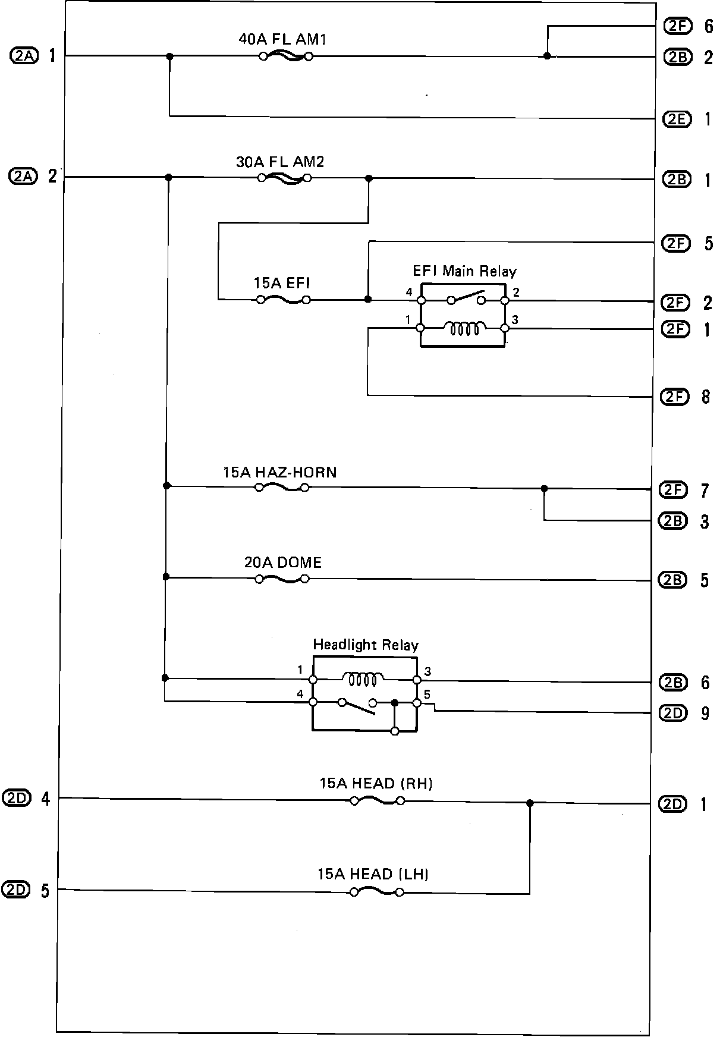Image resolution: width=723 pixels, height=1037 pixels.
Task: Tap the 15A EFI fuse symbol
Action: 283,300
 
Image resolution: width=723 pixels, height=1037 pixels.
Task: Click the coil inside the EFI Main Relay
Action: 465,328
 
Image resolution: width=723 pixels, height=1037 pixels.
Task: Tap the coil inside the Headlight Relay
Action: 363,678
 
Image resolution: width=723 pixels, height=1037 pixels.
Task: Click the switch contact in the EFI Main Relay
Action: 466,297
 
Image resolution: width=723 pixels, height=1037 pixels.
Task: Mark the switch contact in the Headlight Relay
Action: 358,706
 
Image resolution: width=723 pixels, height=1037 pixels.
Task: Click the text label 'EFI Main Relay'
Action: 465,272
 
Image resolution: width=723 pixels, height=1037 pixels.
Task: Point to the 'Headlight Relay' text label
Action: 366,645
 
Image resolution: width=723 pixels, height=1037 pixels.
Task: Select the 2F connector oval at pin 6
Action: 677,26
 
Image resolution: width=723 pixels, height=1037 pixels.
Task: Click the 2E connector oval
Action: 677,119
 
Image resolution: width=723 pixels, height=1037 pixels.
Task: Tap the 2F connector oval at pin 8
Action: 675,397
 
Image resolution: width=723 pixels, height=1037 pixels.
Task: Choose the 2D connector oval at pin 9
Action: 674,713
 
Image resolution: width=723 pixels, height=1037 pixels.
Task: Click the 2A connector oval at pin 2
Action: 23,176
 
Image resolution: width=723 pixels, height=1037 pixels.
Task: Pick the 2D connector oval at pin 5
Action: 16,890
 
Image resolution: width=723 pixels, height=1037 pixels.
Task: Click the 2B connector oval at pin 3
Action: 672,521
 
